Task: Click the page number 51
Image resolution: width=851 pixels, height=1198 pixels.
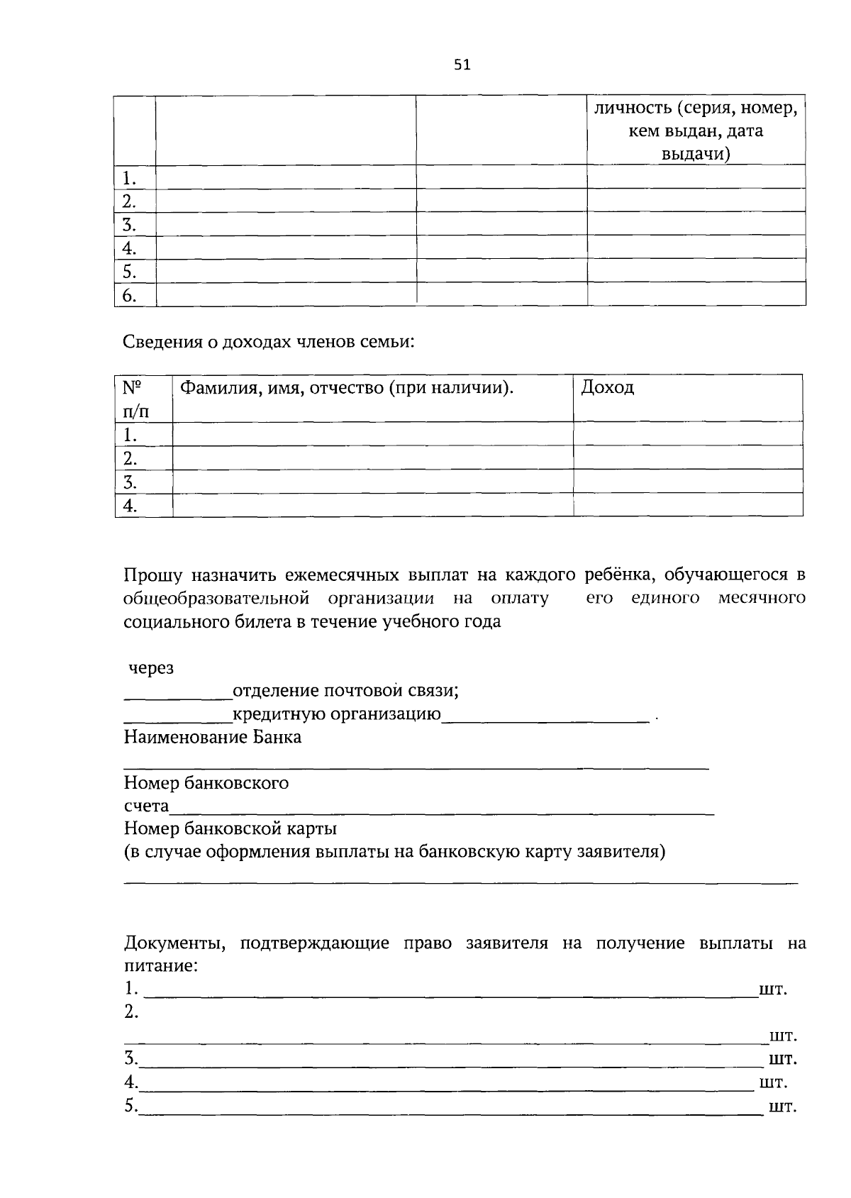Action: pos(462,65)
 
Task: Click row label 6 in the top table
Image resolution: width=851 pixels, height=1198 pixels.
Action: pos(129,295)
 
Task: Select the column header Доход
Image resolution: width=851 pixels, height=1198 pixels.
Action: pos(608,387)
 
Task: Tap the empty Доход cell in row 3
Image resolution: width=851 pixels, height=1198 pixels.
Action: pos(687,482)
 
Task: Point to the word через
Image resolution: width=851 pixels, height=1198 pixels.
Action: pos(150,667)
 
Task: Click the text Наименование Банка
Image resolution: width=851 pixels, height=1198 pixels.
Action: pos(213,737)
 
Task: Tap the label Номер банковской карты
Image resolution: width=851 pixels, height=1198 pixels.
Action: pos(230,828)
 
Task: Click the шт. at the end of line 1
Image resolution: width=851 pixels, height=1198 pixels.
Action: pos(773,989)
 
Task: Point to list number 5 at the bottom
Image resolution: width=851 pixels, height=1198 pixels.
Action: pos(130,1105)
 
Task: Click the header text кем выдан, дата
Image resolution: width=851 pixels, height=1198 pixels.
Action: pos(696,131)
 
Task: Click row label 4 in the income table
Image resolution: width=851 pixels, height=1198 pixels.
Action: pos(130,506)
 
